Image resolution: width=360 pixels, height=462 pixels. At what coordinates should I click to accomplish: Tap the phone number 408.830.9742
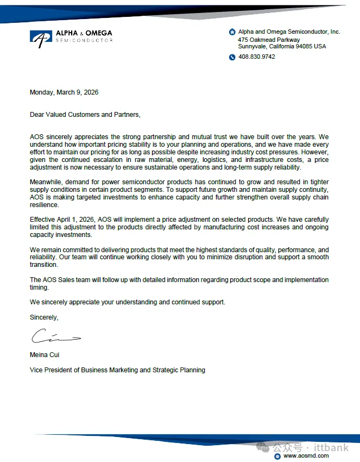pos(257,57)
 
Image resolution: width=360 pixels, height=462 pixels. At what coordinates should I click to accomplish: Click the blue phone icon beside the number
pos(232,57)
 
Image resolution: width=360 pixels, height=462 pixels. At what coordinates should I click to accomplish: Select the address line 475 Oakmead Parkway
pos(269,40)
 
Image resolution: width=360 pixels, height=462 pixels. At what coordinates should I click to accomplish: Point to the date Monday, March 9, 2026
pos(64,92)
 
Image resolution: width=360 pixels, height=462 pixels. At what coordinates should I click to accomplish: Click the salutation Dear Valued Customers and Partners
pos(85,115)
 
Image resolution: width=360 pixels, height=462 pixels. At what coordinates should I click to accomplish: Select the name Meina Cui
pos(45,355)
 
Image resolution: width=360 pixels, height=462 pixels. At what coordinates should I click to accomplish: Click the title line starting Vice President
pos(117,370)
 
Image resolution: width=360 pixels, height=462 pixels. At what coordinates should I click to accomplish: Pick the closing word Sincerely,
pos(44,317)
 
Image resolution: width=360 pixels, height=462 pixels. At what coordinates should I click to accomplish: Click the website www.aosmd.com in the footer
pos(306,456)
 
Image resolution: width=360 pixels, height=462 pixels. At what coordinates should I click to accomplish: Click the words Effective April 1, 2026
pos(62,220)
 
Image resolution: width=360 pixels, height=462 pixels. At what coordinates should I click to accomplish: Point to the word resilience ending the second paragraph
pos(43,204)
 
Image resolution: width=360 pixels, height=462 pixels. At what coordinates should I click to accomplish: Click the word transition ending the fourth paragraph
pos(44,265)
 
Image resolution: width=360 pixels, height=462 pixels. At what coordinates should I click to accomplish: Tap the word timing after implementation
pos(39,288)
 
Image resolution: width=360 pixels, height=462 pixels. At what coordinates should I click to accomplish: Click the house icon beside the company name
pos(232,32)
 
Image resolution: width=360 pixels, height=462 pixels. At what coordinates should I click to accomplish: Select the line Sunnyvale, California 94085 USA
pos(282,47)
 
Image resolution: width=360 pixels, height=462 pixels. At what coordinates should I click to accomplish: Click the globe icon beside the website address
pos(277,456)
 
